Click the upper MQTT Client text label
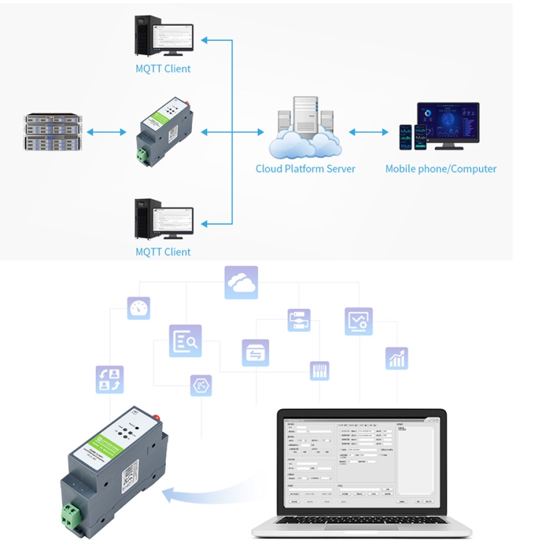(x=163, y=69)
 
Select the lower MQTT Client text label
(x=163, y=251)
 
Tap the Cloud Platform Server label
(x=305, y=169)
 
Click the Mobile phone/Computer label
(x=441, y=169)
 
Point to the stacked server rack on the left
(x=51, y=132)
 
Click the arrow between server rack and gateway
(x=106, y=132)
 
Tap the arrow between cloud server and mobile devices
(x=369, y=132)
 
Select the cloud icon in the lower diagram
(x=241, y=282)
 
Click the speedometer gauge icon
(x=139, y=308)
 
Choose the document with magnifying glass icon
(x=185, y=341)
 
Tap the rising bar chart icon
(x=397, y=358)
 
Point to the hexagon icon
(x=201, y=386)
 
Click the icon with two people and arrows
(x=109, y=379)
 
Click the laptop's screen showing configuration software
(x=361, y=462)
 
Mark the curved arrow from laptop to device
(x=206, y=490)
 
